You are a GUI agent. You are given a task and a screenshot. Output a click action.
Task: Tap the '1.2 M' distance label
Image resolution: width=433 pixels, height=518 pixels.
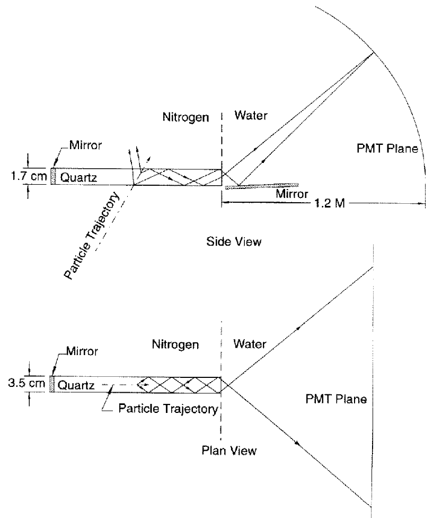pyautogui.click(x=326, y=205)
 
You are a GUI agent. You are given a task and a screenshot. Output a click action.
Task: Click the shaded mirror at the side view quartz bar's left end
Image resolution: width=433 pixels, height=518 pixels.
pyautogui.click(x=52, y=177)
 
